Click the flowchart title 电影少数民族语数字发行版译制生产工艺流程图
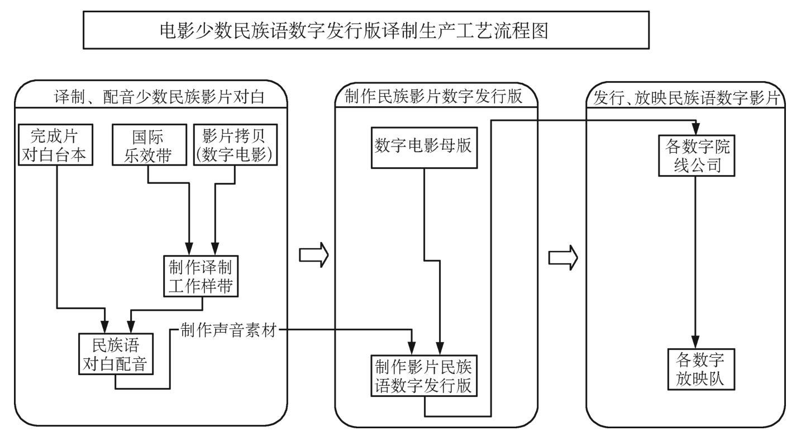click(353, 30)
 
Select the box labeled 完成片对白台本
click(54, 145)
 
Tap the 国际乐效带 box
click(147, 145)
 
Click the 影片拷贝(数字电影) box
click(235, 145)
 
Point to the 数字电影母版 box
click(424, 146)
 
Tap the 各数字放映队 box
click(694, 369)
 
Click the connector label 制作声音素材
click(229, 330)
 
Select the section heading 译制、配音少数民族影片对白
click(159, 98)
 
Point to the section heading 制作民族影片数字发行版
click(433, 97)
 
